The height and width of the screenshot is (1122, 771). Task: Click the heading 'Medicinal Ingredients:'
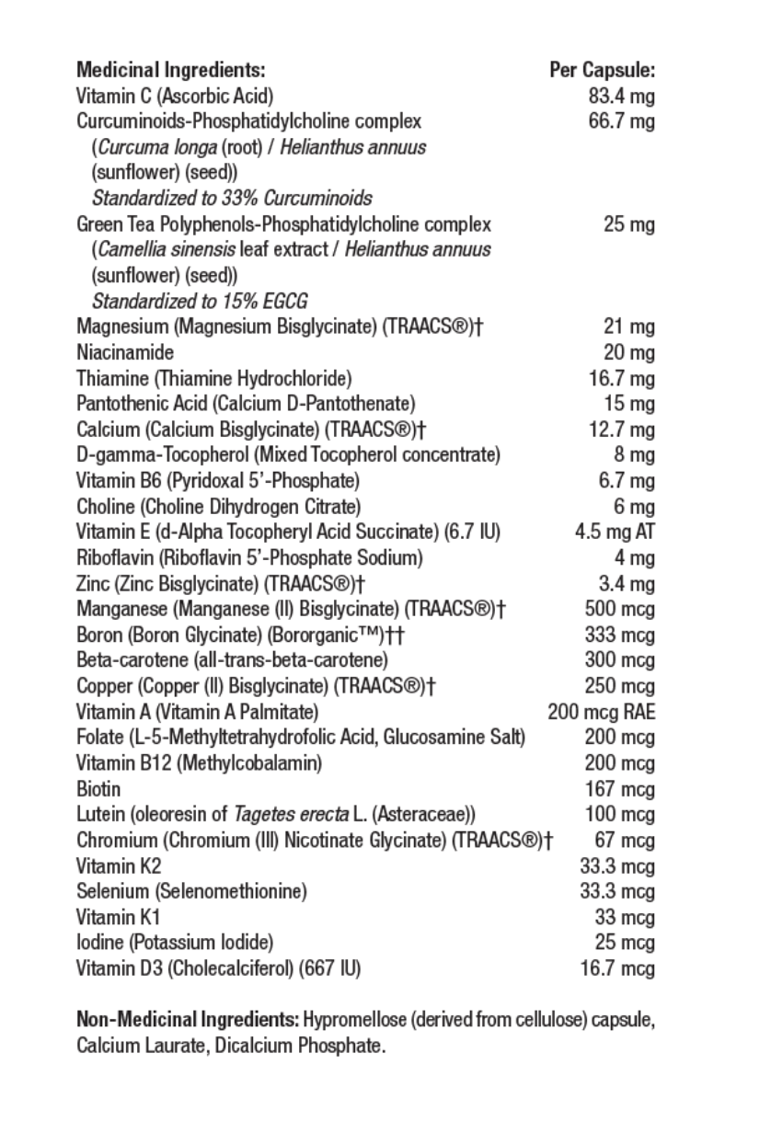pyautogui.click(x=171, y=70)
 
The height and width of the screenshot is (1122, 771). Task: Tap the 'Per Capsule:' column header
pyautogui.click(x=602, y=70)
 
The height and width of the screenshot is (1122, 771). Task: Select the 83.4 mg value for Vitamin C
pyautogui.click(x=621, y=96)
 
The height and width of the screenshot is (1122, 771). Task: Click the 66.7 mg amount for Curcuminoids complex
pyautogui.click(x=621, y=121)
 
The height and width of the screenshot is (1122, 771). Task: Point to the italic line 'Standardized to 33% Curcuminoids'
pyautogui.click(x=232, y=199)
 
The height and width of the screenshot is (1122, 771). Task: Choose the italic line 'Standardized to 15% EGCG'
pyautogui.click(x=200, y=302)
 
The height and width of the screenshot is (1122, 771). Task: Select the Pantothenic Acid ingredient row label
pyautogui.click(x=247, y=404)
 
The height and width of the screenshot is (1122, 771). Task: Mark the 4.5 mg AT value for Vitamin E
pyautogui.click(x=615, y=532)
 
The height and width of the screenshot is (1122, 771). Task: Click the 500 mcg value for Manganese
pyautogui.click(x=620, y=609)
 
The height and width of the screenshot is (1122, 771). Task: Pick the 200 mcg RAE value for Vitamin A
pyautogui.click(x=602, y=712)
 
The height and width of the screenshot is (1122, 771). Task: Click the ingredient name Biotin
pyautogui.click(x=98, y=789)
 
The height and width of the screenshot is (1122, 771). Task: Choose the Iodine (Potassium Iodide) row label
pyautogui.click(x=175, y=943)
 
